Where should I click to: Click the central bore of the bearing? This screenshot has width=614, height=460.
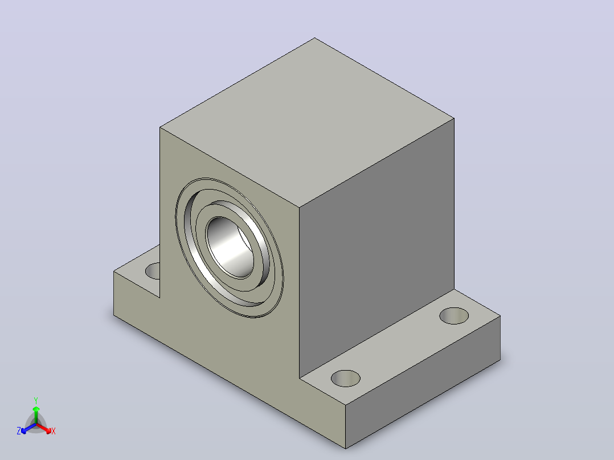coord(230,248)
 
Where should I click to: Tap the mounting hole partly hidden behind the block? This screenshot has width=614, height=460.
coord(153,271)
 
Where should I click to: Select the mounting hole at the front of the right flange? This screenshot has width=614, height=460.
coord(345,378)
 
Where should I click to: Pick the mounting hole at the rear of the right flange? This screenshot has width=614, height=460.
coord(454,316)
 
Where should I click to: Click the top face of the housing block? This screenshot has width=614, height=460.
coord(307,122)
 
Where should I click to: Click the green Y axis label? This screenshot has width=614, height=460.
coord(36,400)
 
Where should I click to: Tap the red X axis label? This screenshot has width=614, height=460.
coord(54,431)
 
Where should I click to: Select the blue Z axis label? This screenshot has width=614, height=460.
coord(19,431)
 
